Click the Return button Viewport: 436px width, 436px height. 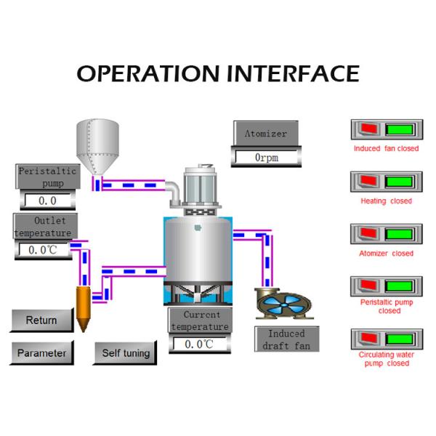click(x=41, y=320)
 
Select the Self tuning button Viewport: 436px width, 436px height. click(x=126, y=353)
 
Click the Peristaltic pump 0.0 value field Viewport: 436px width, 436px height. click(x=47, y=201)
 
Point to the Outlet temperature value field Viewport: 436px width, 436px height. click(x=43, y=250)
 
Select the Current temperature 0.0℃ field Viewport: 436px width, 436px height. click(x=198, y=344)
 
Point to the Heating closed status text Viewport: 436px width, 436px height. click(x=386, y=201)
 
